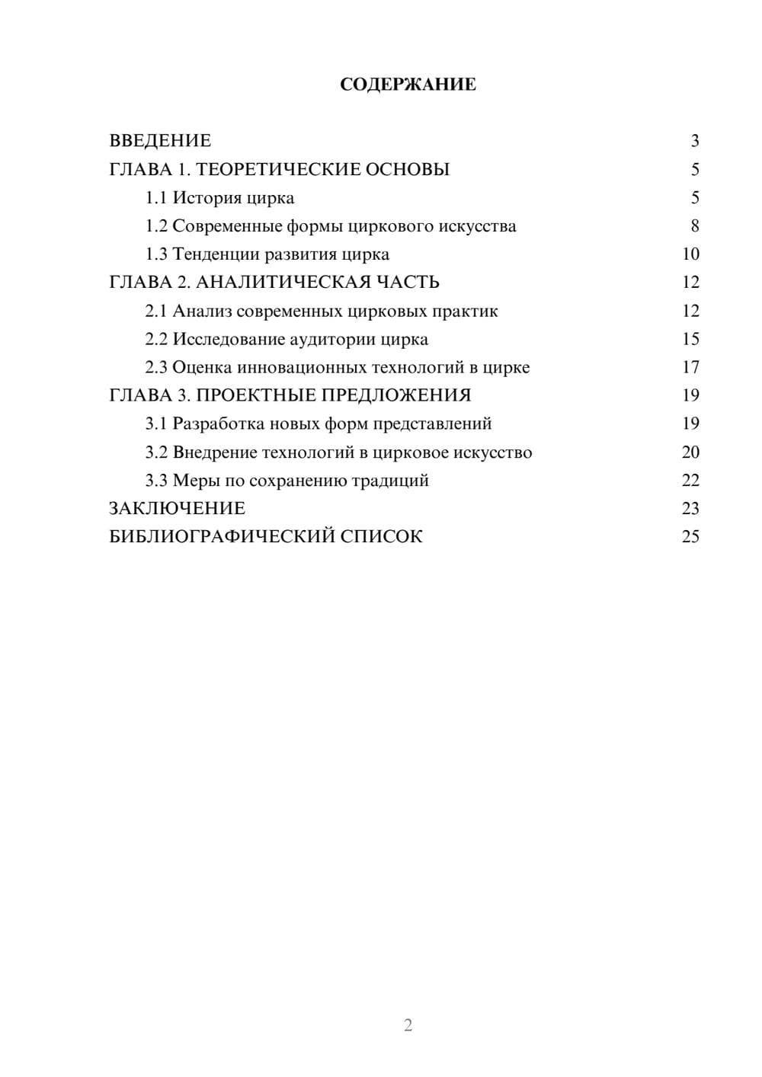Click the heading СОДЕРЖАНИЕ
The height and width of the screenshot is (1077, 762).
tap(408, 85)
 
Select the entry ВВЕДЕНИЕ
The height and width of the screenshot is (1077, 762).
tap(160, 141)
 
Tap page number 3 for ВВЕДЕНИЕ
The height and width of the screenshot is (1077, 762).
tap(694, 141)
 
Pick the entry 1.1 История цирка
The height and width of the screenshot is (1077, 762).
tap(219, 198)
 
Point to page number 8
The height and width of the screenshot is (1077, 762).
tap(694, 226)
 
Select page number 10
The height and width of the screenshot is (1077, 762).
tap(690, 254)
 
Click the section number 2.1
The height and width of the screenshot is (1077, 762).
tap(156, 311)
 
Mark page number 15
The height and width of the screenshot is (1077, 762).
tap(690, 339)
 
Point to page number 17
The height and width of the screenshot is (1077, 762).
tap(690, 367)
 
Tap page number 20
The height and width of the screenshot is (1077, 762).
tap(690, 452)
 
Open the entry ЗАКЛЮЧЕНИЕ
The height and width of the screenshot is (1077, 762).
tap(177, 509)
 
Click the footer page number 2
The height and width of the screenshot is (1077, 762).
tap(408, 1025)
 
